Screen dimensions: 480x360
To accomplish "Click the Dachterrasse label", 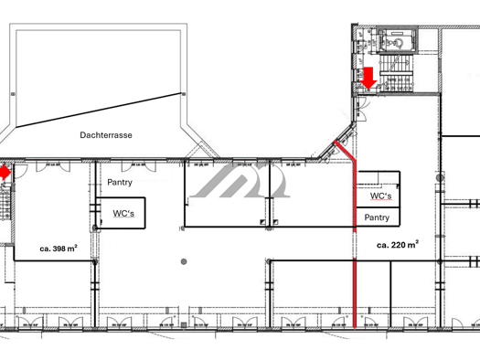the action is (x=106, y=135).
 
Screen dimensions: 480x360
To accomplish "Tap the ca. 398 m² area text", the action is (x=59, y=249).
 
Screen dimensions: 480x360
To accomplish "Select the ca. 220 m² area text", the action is (x=398, y=245).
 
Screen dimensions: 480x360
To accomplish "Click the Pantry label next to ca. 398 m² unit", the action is (x=120, y=183).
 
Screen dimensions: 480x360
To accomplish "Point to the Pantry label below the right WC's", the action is (x=377, y=217).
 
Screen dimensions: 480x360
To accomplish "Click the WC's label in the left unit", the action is (x=123, y=213).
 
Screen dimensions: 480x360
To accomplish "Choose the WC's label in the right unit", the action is (x=381, y=196).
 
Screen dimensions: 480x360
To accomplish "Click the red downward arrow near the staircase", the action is (x=368, y=78).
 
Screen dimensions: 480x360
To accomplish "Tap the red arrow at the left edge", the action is (x=5, y=173).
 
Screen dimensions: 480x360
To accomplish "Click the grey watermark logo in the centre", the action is (x=240, y=181).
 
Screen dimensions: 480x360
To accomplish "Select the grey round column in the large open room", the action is (x=184, y=261).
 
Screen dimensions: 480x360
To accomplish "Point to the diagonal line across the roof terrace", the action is (x=98, y=110).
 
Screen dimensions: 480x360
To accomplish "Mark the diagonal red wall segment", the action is (x=345, y=151).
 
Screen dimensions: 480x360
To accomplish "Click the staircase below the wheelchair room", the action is (x=397, y=73).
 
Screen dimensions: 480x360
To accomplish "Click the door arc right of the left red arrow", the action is (x=22, y=171).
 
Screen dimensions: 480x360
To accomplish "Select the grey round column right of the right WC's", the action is (x=440, y=177).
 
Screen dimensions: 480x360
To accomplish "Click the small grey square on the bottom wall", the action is (x=184, y=325).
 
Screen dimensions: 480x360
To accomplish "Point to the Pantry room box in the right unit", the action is (x=379, y=217).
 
